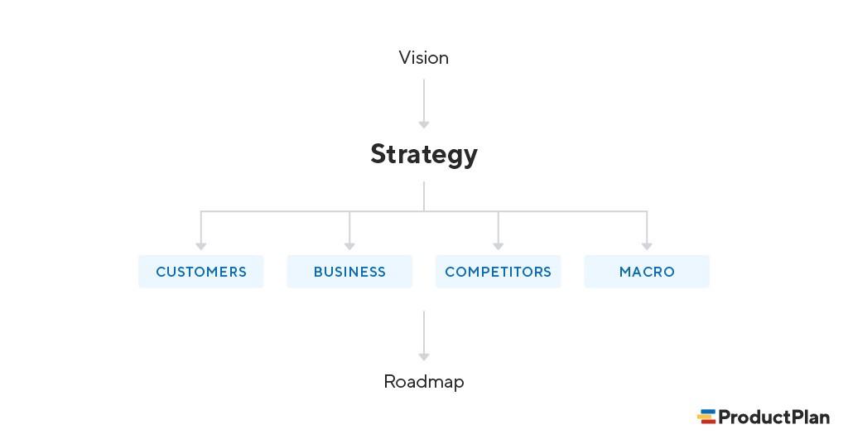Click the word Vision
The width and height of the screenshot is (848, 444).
tap(423, 58)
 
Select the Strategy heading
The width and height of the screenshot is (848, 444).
tap(423, 155)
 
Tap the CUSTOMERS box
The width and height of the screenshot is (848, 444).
tap(200, 272)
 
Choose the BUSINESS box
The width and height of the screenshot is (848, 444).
tap(349, 272)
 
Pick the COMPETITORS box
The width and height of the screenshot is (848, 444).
tap(498, 272)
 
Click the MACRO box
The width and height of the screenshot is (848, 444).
tap(647, 272)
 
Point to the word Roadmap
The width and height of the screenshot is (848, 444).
tap(423, 382)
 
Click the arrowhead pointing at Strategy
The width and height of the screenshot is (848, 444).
tap(424, 124)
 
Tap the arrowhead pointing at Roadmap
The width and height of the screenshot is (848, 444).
tap(424, 356)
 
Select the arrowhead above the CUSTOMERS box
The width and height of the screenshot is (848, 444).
tap(200, 245)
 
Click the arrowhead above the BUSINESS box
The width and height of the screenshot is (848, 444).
tap(349, 245)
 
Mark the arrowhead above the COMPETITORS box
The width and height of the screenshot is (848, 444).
tap(498, 245)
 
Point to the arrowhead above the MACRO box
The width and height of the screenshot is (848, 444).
tap(647, 245)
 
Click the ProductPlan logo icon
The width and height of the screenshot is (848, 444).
tap(706, 417)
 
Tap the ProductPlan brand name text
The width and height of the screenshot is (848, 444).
tap(773, 417)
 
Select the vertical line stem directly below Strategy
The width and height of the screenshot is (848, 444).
tap(424, 196)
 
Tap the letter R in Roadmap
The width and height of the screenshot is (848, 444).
tap(390, 382)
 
